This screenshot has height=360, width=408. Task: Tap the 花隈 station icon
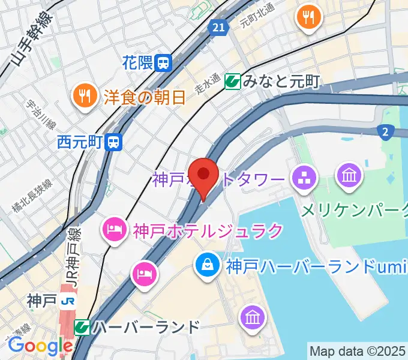tap(163, 62)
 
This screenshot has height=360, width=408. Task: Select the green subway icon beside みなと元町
tap(233, 81)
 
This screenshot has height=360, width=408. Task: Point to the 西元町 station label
tap(80, 142)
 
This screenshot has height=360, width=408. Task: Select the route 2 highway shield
tap(385, 132)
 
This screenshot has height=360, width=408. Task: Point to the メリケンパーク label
tap(354, 210)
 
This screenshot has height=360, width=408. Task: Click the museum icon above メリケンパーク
tap(348, 176)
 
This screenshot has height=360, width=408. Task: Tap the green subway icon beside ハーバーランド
tap(82, 328)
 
